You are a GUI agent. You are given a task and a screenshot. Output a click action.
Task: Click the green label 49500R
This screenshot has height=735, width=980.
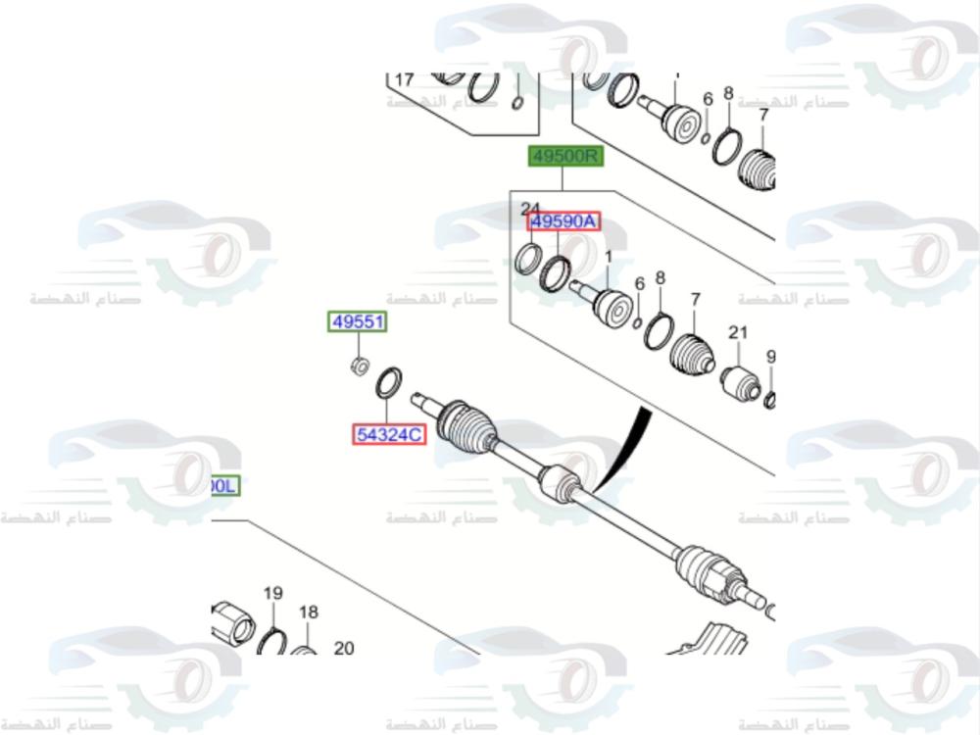564,156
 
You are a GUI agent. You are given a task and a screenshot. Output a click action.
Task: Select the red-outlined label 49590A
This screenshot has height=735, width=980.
563,221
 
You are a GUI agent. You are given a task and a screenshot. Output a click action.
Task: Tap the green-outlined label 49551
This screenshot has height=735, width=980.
358,322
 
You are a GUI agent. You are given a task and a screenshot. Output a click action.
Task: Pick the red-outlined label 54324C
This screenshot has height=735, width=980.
390,433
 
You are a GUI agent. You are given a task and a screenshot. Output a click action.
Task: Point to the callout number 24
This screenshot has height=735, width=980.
530,208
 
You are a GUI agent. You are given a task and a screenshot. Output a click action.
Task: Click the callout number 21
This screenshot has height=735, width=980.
737,334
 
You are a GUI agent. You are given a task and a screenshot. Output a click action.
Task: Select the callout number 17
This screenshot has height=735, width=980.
405,79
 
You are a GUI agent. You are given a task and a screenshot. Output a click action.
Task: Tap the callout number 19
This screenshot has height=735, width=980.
272,593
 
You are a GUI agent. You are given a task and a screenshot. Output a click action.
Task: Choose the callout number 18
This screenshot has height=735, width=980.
309,612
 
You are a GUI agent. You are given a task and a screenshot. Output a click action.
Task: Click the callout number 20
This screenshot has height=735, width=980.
344,648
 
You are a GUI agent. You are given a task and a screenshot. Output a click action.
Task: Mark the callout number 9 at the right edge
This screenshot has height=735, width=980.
770,357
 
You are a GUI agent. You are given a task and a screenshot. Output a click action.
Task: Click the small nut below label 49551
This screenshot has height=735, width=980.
360,367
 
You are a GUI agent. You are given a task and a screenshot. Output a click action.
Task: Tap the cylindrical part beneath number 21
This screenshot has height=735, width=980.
740,383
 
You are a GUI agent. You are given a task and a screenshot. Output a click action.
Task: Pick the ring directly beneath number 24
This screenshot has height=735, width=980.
529,259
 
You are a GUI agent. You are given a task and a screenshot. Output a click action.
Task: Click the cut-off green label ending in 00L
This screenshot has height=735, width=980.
223,485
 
